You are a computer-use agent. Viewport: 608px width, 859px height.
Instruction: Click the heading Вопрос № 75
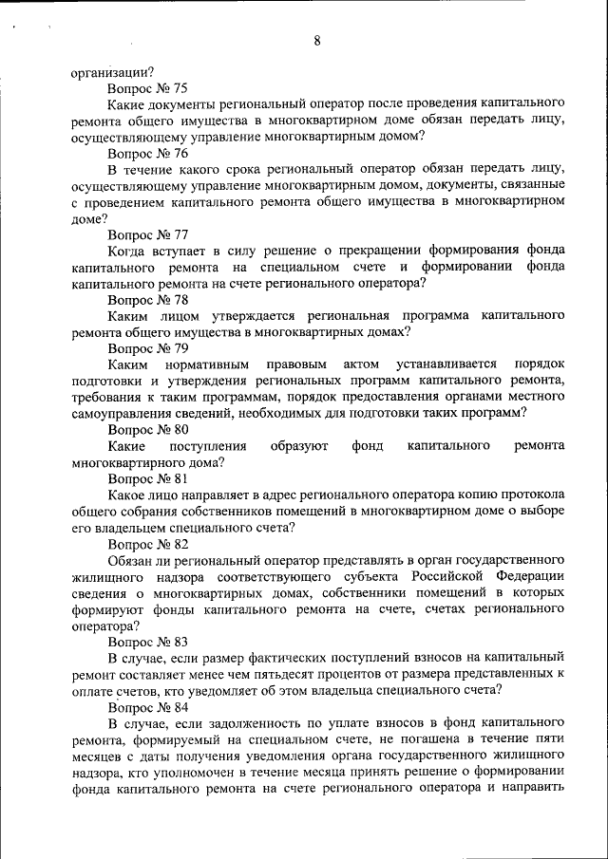(147, 85)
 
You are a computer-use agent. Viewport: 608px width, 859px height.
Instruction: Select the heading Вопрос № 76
(147, 152)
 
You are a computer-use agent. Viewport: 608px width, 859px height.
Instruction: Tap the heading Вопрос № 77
(147, 234)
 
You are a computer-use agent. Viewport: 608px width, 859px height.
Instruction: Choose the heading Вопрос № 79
(147, 348)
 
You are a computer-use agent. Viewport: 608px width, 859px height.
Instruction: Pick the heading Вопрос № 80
(147, 430)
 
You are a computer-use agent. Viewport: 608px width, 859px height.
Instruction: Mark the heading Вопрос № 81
(147, 479)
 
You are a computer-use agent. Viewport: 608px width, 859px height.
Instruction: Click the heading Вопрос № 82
(147, 545)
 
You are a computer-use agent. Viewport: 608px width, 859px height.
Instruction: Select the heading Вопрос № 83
(147, 643)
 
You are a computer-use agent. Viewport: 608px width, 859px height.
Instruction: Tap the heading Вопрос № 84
(147, 707)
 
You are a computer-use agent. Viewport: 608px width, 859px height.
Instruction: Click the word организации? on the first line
(113, 69)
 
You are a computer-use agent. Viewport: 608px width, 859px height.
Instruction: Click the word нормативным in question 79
(207, 364)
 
